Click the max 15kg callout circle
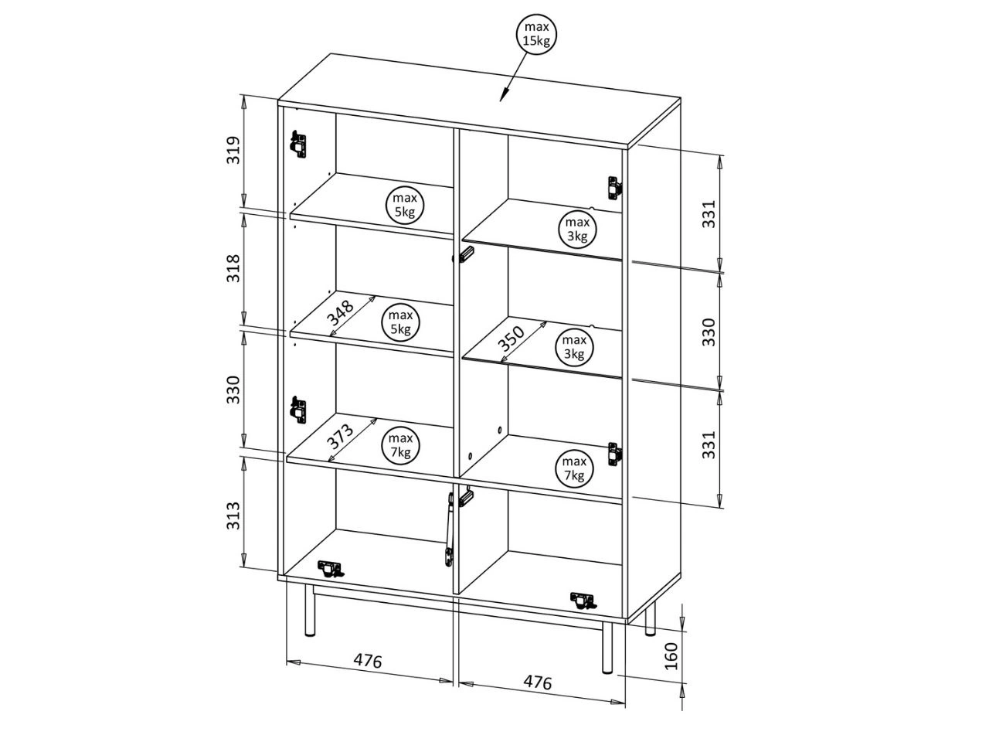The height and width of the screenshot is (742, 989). coord(536,34)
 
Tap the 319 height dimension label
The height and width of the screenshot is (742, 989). coord(234,150)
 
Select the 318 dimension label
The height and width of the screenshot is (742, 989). coord(234,268)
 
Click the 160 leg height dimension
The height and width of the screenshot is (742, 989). coord(671,656)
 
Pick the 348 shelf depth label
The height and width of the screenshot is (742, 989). coord(341,313)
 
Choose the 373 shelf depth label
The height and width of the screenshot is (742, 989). coord(341,436)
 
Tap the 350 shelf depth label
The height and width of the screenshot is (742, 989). coord(511,339)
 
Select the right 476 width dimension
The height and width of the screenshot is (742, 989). coord(538,682)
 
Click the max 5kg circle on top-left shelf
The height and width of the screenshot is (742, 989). coord(405,205)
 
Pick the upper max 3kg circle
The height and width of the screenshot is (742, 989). coord(577,229)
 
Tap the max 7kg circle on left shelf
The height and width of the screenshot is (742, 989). coord(400,444)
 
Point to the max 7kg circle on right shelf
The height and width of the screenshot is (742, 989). coord(574,468)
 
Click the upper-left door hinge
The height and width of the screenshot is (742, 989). coord(297,144)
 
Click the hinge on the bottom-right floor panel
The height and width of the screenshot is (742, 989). coord(583,601)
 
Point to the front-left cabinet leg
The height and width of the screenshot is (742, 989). coord(309,610)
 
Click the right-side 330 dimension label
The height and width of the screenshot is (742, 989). coord(709,332)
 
